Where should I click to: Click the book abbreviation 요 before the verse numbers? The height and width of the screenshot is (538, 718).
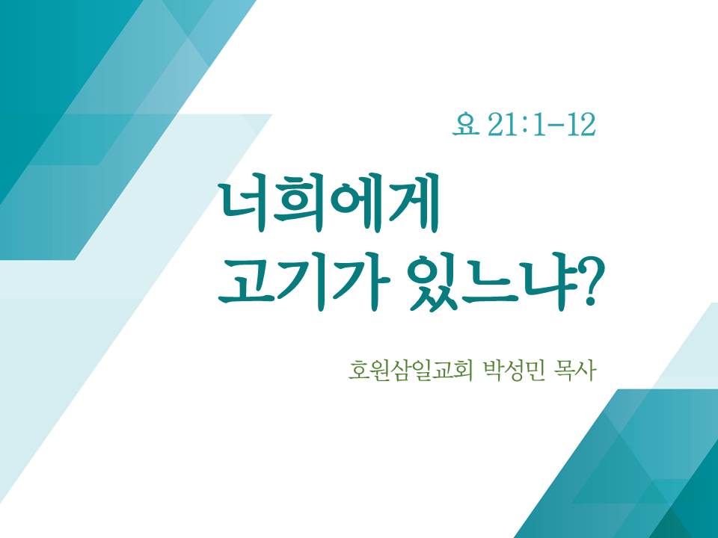(x=464, y=125)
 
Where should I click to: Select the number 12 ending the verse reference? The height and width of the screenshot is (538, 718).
(x=580, y=125)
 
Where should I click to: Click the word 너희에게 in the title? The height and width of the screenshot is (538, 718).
(x=329, y=205)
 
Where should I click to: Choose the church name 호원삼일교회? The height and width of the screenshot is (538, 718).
(x=410, y=371)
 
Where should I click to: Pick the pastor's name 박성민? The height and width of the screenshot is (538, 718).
(x=513, y=371)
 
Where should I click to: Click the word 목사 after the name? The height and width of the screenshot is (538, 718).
(x=574, y=371)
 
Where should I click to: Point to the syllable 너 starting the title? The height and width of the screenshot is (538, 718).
(x=246, y=205)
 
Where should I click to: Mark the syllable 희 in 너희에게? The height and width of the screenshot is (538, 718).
(x=300, y=205)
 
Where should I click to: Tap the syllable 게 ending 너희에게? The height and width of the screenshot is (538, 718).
(x=411, y=205)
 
